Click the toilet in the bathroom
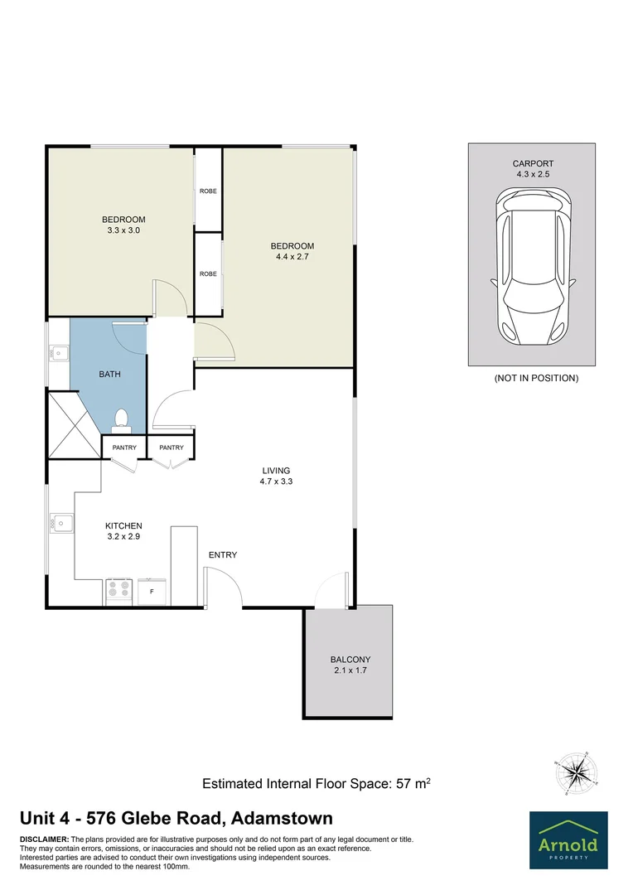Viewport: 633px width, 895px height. pos(122,419)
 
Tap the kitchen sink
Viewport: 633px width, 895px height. pos(60,524)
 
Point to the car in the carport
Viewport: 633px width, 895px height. pos(532,267)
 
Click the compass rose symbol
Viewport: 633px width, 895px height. pos(571,773)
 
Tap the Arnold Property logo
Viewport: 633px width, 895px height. pos(568,839)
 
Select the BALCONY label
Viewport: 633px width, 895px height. pos(350,660)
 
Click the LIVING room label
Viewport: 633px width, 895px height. pos(276,470)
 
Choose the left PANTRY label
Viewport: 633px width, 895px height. pos(124,447)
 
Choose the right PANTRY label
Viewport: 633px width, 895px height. pos(172,447)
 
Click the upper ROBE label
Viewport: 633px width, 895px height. pos(208,191)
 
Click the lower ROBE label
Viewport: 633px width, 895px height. pos(208,273)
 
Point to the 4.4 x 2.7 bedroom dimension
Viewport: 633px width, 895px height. pos(292,258)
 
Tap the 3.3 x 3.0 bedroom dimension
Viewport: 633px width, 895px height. pos(123,231)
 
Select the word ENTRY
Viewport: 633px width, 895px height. pos(223,554)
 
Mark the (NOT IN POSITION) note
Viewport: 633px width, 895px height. pos(536,378)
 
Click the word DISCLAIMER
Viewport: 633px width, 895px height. pos(45,839)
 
